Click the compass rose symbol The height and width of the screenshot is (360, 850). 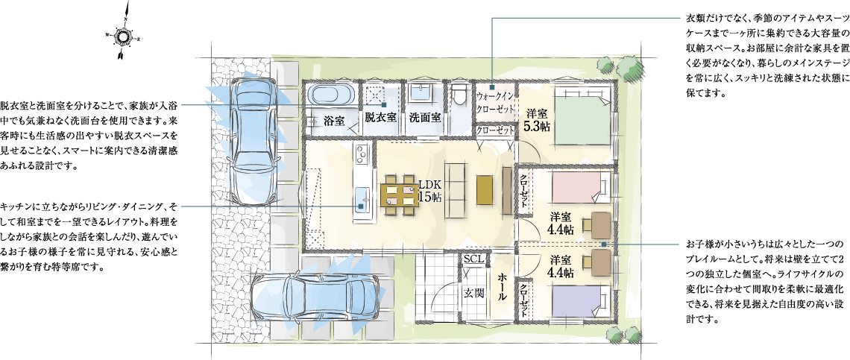(122, 36)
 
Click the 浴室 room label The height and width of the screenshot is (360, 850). (335, 120)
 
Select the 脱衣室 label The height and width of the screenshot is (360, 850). (380, 116)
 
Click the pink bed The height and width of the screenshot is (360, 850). (582, 186)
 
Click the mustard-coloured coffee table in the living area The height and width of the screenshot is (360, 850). (484, 189)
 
